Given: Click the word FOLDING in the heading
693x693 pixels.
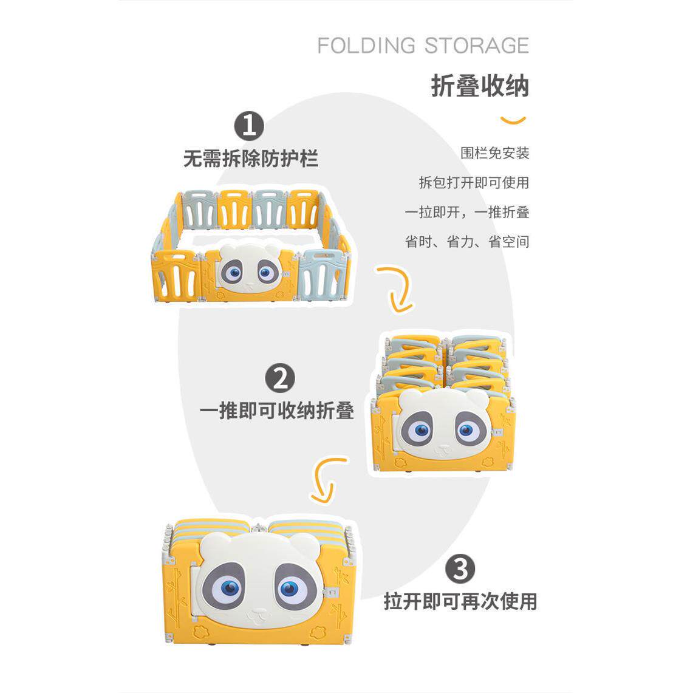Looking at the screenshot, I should pyautogui.click(x=366, y=46).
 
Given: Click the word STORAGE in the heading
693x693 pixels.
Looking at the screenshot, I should pyautogui.click(x=477, y=46).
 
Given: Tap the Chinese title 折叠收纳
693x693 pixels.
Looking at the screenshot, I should pyautogui.click(x=480, y=86).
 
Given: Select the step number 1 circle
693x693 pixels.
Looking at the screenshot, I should pyautogui.click(x=249, y=126).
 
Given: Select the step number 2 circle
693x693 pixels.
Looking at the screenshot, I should pyautogui.click(x=280, y=378).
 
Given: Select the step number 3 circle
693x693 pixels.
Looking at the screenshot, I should pyautogui.click(x=460, y=569).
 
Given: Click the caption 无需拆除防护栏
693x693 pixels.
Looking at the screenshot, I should pyautogui.click(x=251, y=159).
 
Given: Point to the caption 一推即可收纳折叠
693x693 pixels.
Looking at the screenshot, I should pyautogui.click(x=277, y=411).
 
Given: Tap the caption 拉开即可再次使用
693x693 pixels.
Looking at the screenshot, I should pyautogui.click(x=460, y=601).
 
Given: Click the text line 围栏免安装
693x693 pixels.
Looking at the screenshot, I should pyautogui.click(x=494, y=153).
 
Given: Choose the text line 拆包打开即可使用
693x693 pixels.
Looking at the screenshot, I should pyautogui.click(x=474, y=183).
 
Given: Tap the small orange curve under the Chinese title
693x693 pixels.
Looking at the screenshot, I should pyautogui.click(x=513, y=120).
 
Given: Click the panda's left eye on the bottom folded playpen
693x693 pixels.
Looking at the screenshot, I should pyautogui.click(x=230, y=587).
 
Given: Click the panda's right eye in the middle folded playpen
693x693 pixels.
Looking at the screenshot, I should pyautogui.click(x=466, y=431).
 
